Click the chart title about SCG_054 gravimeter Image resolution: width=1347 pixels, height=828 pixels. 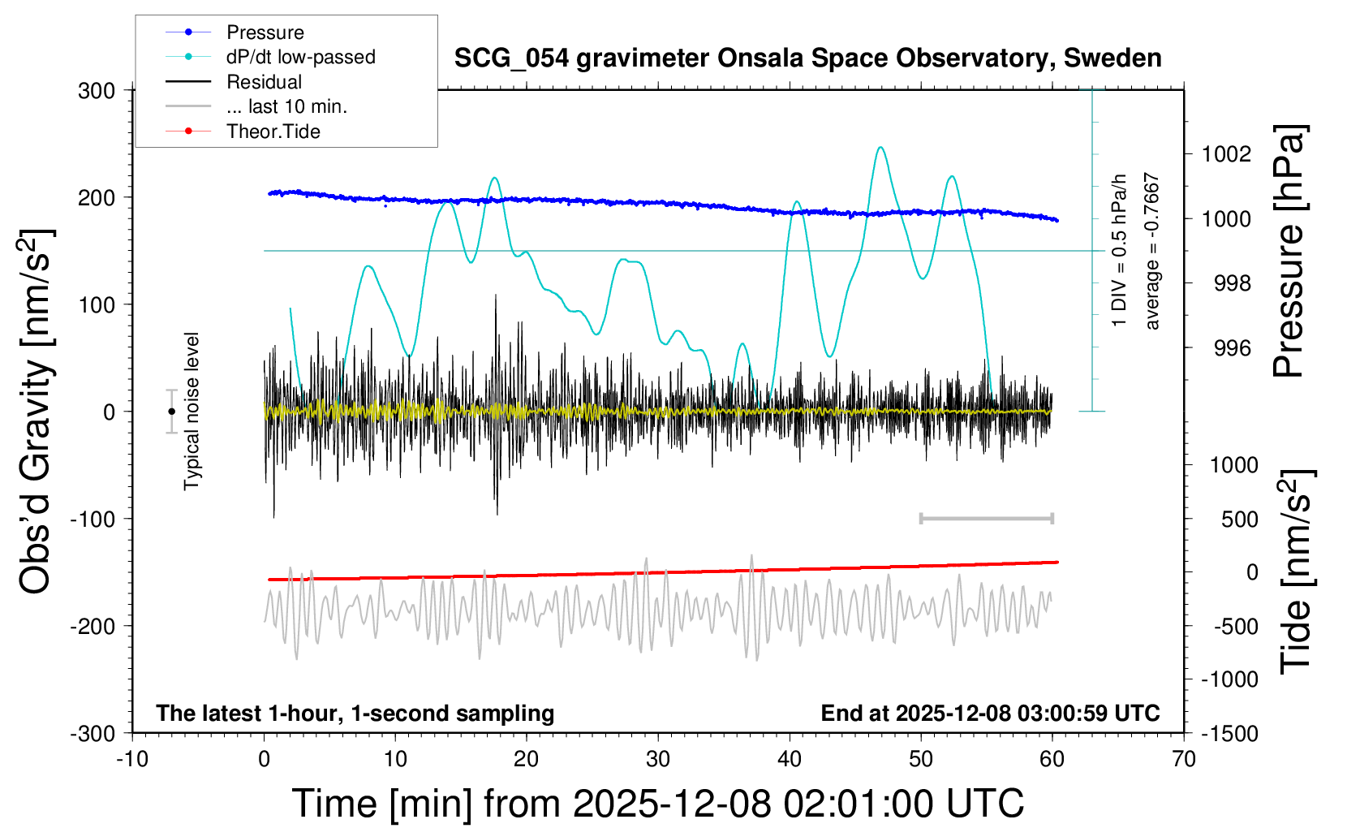[x=807, y=58]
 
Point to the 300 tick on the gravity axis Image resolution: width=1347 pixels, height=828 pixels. [x=97, y=91]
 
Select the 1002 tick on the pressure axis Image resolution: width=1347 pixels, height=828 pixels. [x=1226, y=154]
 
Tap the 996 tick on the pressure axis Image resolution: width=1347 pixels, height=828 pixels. [x=1232, y=348]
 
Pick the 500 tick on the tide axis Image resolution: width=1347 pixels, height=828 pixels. [x=1239, y=520]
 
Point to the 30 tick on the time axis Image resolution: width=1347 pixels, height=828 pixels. [x=658, y=760]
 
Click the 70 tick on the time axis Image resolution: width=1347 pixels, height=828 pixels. [x=1184, y=760]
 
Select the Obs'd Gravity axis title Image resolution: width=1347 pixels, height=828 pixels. [x=37, y=412]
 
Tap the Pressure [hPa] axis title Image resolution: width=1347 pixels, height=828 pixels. [x=1289, y=251]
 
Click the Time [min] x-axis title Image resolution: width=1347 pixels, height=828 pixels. [x=657, y=804]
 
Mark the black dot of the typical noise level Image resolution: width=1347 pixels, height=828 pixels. [x=171, y=412]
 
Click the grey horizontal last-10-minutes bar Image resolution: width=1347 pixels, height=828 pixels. [x=986, y=519]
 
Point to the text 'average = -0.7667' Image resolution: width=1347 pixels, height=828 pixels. [x=1152, y=251]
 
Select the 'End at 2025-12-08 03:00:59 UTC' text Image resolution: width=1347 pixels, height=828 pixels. [x=990, y=714]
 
